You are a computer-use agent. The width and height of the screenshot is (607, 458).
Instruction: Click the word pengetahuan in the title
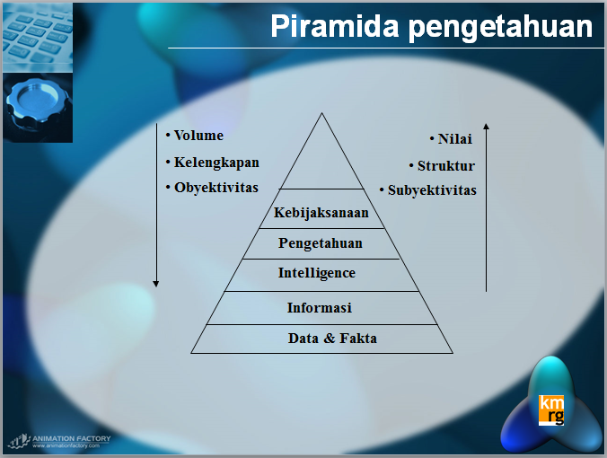click(x=498, y=27)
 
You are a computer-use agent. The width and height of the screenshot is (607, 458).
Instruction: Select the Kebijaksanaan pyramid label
click(x=321, y=214)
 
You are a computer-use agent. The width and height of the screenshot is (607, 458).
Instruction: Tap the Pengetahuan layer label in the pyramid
click(x=321, y=243)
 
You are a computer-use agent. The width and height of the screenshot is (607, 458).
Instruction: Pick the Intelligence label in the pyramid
click(x=317, y=273)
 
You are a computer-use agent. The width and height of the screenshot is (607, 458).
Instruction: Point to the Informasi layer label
click(x=319, y=307)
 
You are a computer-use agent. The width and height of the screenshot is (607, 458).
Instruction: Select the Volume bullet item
click(x=198, y=136)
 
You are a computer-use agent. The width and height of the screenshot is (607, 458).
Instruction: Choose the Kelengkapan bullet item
click(x=216, y=163)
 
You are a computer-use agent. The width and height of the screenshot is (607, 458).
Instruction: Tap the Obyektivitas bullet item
click(x=216, y=188)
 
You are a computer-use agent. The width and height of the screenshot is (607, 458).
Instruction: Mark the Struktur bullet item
click(x=445, y=166)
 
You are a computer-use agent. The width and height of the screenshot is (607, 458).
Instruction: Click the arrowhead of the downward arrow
click(x=156, y=283)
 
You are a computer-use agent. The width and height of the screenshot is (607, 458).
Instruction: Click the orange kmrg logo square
click(x=550, y=408)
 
